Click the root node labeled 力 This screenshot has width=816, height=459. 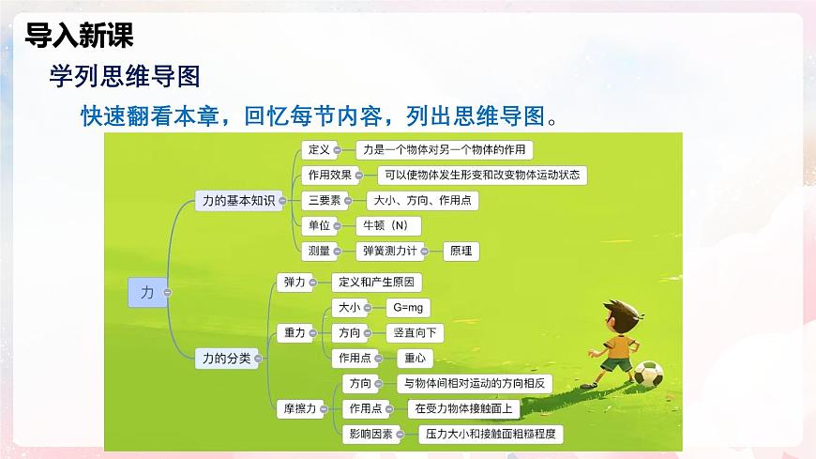tap(146, 293)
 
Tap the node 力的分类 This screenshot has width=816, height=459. tap(226, 358)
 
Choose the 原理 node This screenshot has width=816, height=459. tap(461, 251)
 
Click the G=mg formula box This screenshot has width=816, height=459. tap(408, 307)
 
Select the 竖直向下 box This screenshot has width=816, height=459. tap(415, 332)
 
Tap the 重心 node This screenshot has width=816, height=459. tap(415, 358)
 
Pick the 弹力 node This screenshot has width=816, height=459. tap(293, 282)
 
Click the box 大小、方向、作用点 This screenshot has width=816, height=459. tap(421, 200)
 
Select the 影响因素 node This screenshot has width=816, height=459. tap(368, 434)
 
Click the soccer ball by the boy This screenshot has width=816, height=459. tap(648, 375)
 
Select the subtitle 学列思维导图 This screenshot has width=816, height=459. tap(124, 78)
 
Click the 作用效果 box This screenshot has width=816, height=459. tap(330, 175)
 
